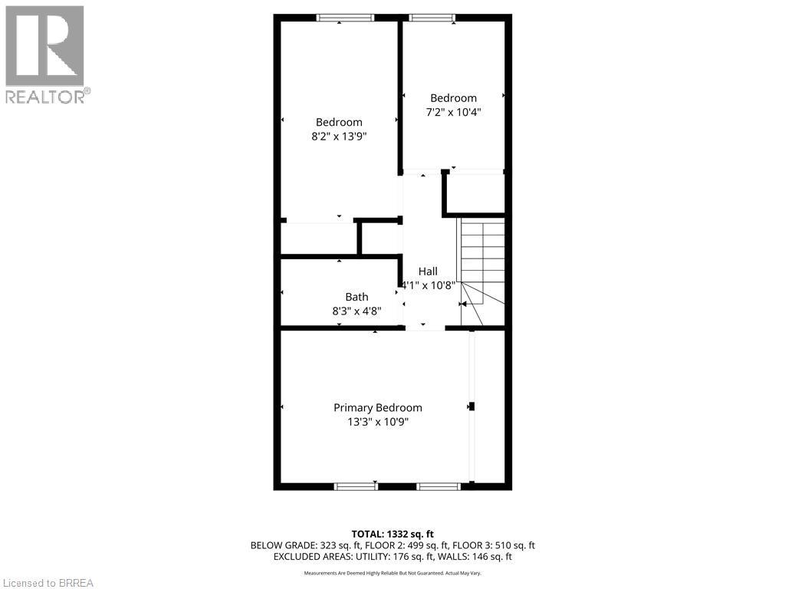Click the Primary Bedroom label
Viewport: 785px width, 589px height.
point(377,408)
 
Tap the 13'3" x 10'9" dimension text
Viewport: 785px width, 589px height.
point(377,422)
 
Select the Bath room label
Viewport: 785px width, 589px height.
point(356,297)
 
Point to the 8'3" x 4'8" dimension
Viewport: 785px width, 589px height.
point(356,311)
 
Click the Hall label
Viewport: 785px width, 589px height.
point(428,271)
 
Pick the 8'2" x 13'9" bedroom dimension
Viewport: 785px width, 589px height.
point(339,137)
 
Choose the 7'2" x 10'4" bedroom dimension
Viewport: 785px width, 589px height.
point(453,112)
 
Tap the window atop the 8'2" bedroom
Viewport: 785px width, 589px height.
point(345,18)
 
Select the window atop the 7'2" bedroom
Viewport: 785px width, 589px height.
point(432,18)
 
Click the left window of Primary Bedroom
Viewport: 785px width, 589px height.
point(356,486)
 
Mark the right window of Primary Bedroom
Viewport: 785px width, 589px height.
point(438,486)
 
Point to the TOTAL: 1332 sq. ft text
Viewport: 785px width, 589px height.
point(392,534)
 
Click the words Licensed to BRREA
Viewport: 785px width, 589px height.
point(48,582)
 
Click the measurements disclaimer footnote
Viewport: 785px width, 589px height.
point(392,573)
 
